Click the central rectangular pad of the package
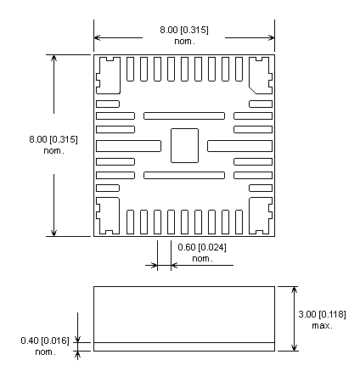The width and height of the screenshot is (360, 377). pos(184,145)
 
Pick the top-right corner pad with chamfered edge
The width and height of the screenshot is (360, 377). pos(261,76)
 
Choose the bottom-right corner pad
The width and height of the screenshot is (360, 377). pos(261,216)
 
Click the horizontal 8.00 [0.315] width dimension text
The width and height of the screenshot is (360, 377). pos(184,30)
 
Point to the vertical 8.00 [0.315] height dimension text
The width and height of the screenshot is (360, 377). pos(53,139)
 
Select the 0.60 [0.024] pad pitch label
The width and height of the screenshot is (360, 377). pos(202,247)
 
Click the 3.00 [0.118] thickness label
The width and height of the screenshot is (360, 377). pos(322,314)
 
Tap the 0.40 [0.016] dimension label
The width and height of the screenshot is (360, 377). pos(45,340)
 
